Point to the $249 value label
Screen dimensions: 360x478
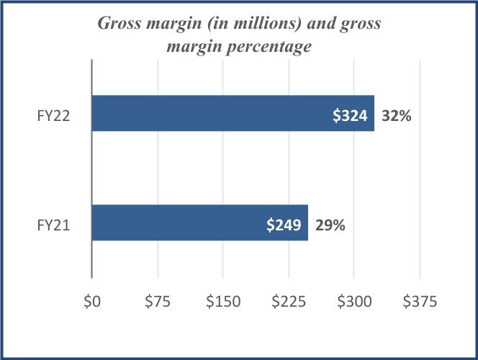click(284, 225)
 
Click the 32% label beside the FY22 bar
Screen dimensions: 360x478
click(397, 114)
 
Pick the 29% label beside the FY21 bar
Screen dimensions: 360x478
click(330, 225)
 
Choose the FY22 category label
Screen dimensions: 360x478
click(53, 115)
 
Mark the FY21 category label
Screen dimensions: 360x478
click(53, 225)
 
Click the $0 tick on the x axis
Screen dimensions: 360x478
click(92, 303)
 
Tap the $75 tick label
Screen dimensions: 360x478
click(157, 303)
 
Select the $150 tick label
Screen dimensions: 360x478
click(222, 303)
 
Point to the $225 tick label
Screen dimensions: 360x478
click(289, 303)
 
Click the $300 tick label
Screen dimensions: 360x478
click(354, 303)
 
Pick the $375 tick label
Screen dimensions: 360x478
click(420, 303)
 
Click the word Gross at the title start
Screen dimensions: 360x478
click(120, 24)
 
